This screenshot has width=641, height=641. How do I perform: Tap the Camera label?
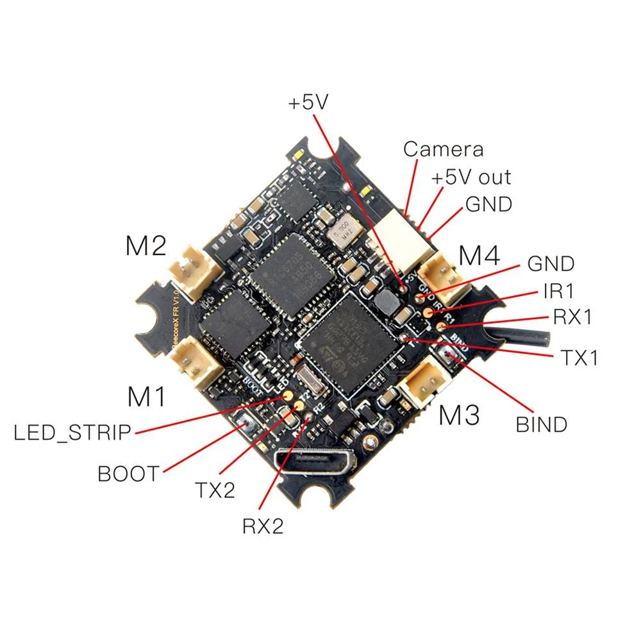(443, 149)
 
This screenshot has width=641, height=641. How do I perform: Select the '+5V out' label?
(471, 178)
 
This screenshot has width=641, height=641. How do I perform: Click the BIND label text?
(542, 424)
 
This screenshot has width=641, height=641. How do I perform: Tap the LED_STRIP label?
(72, 433)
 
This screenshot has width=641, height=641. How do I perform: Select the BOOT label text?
(128, 474)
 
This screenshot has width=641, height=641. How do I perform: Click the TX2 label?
(215, 491)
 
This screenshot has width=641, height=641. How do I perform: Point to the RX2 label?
(262, 526)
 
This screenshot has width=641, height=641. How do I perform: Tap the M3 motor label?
(459, 416)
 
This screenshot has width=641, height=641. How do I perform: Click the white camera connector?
(401, 243)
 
